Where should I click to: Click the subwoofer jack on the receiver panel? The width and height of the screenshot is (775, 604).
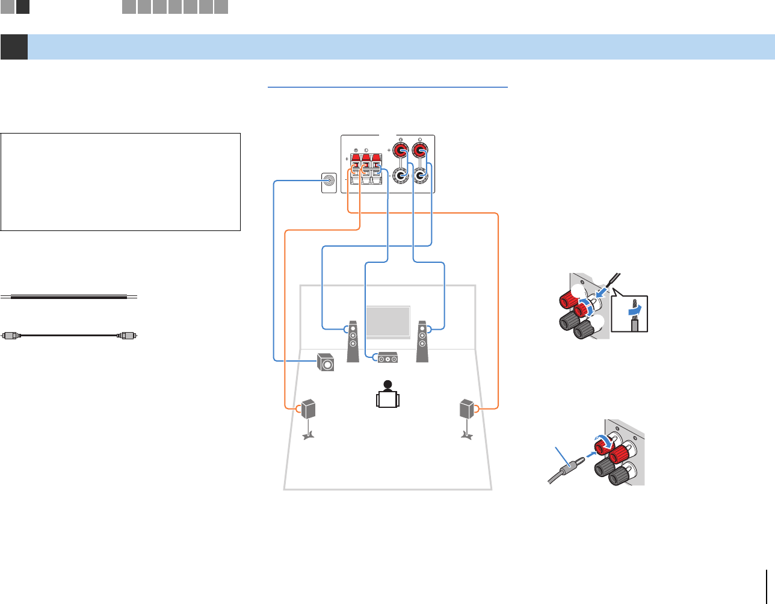click(329, 179)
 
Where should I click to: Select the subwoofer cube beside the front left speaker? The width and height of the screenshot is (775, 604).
click(326, 363)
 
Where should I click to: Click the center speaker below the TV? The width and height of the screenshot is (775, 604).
click(387, 358)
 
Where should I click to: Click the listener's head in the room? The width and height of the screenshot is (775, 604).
click(387, 384)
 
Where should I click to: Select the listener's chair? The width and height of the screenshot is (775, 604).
click(387, 399)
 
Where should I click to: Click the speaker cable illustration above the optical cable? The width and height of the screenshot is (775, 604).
click(69, 297)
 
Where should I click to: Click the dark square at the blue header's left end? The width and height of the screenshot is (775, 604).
click(14, 47)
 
